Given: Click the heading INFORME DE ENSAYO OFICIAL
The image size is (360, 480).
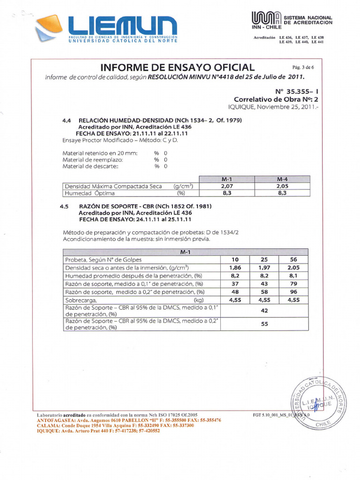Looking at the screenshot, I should (x=178, y=67).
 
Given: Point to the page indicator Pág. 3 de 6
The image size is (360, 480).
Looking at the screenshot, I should (x=303, y=67).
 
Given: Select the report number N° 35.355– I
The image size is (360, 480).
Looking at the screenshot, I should (x=296, y=91).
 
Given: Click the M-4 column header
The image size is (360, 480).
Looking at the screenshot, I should (x=282, y=180).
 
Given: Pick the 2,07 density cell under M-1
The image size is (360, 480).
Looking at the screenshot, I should (x=226, y=186).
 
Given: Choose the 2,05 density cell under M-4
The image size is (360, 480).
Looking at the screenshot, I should (x=282, y=186).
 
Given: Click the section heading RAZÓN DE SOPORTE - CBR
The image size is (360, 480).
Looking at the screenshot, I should (x=145, y=206).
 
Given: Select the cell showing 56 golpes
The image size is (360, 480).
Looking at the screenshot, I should (x=293, y=259).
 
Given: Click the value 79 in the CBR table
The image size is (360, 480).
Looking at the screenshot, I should (x=293, y=284).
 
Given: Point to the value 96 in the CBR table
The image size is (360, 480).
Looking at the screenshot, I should (x=293, y=292).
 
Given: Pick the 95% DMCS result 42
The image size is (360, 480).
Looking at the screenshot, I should (x=264, y=310).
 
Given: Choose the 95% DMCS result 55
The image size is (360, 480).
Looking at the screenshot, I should (x=264, y=324).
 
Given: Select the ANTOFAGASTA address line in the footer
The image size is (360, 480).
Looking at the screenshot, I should (x=129, y=420).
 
